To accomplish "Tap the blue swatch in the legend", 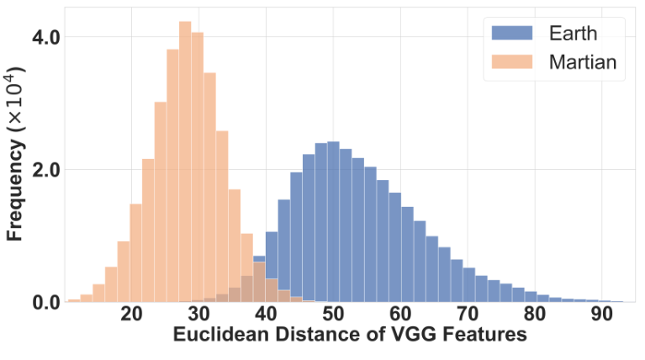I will coord(511,34).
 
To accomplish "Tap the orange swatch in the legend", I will coord(511,61).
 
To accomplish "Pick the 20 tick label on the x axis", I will coord(131,315).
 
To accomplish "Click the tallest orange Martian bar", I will coord(185,168).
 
